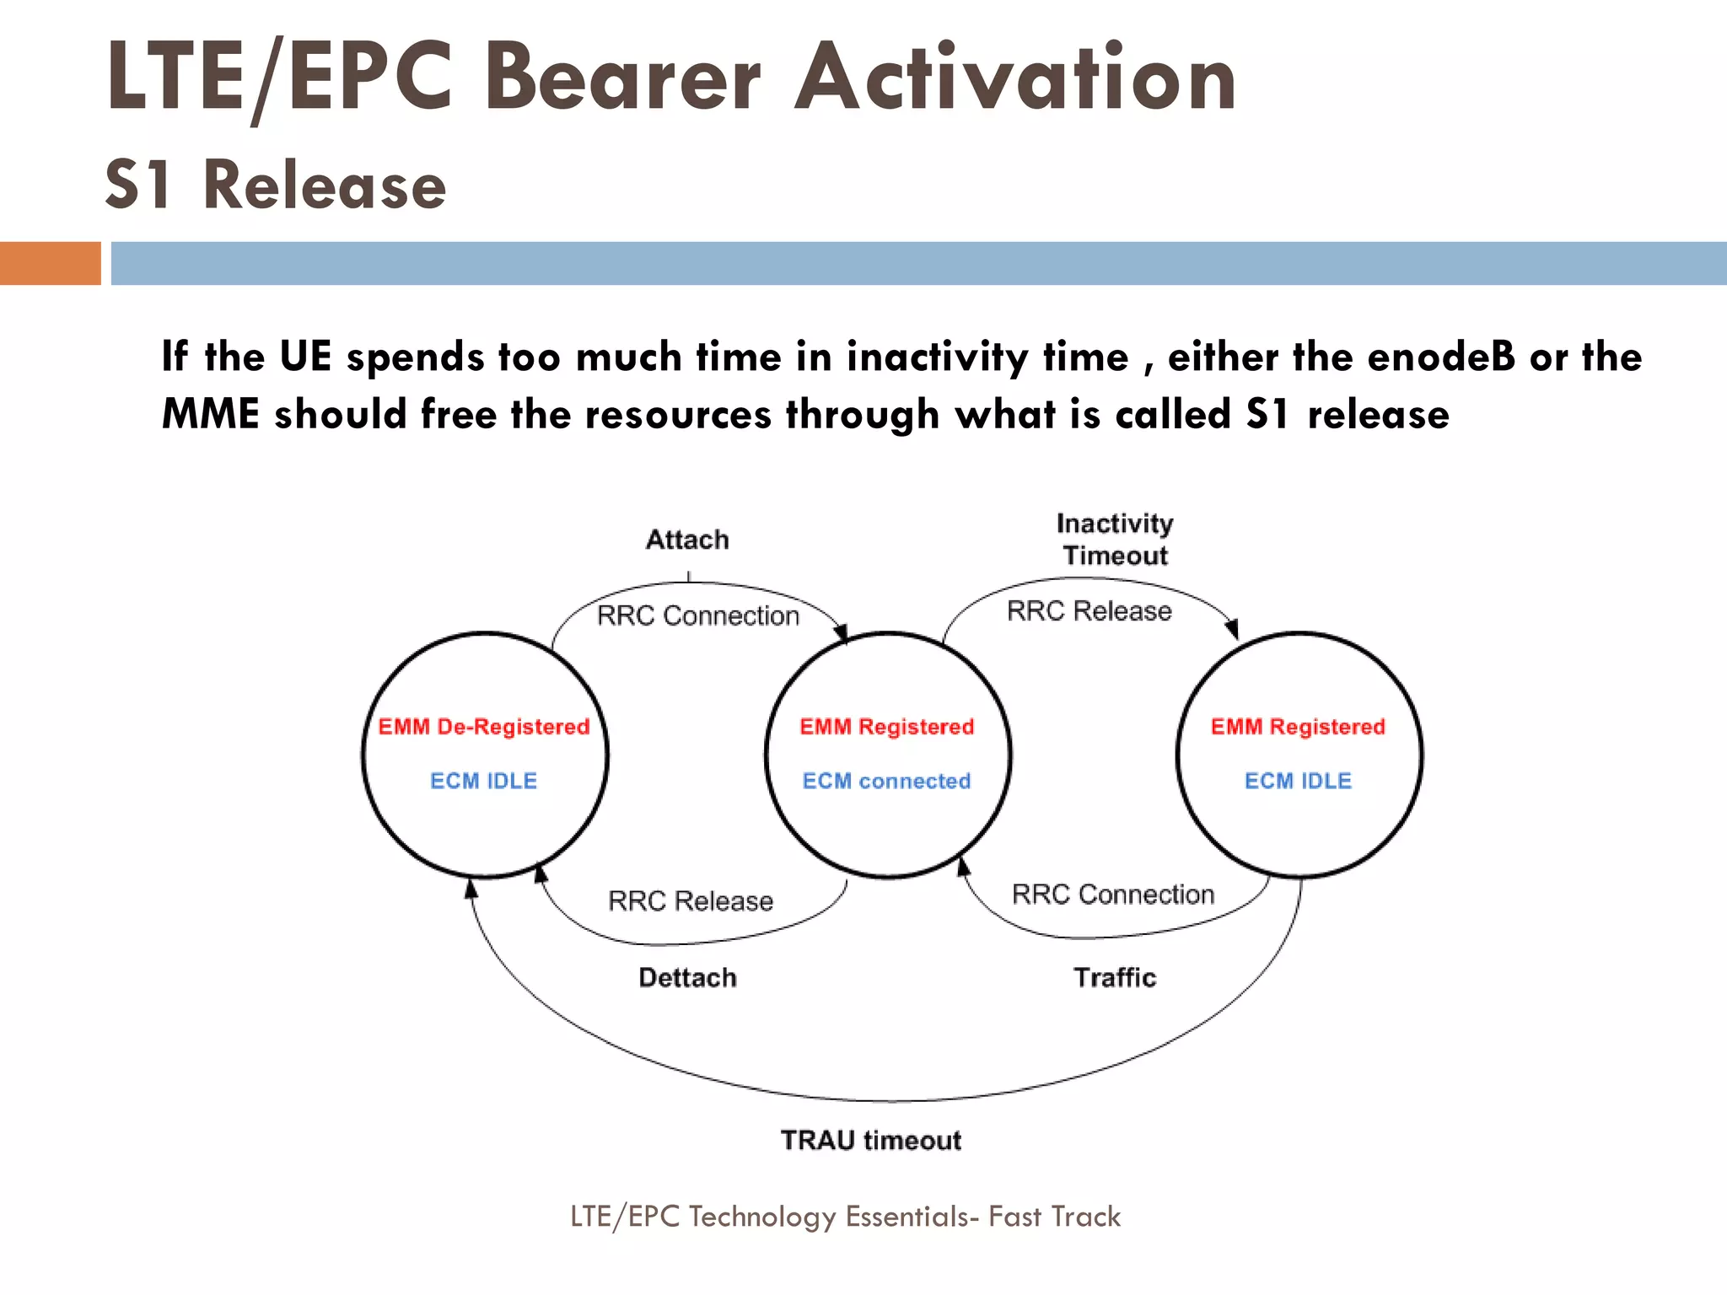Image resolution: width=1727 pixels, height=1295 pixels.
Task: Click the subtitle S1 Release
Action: (275, 185)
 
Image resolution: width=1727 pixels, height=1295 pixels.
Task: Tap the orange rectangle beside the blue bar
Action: (50, 263)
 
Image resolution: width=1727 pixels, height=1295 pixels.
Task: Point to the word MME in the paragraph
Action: (210, 415)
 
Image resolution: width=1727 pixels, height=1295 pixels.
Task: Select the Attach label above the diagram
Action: (687, 540)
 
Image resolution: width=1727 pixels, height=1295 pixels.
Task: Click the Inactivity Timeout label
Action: (1115, 540)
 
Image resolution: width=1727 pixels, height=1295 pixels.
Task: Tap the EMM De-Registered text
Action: (483, 727)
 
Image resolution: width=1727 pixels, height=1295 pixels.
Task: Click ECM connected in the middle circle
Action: (886, 782)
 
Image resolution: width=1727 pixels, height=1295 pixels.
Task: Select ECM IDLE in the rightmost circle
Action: (1298, 782)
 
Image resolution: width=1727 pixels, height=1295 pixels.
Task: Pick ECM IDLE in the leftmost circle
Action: (483, 782)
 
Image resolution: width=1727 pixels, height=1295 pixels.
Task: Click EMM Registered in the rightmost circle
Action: (1298, 727)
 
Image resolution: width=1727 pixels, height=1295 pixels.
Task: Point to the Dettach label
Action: (687, 978)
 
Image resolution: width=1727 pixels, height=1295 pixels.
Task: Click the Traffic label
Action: (1115, 978)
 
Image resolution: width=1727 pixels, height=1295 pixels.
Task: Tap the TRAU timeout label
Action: (870, 1141)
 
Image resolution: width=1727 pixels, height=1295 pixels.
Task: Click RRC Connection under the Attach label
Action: (697, 616)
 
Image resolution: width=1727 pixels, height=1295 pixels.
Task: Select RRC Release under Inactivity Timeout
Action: (1089, 611)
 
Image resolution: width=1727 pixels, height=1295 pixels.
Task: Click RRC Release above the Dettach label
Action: (690, 901)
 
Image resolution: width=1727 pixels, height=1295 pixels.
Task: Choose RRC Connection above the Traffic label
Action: (1112, 895)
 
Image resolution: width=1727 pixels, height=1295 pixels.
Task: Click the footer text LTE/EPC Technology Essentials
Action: (845, 1217)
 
